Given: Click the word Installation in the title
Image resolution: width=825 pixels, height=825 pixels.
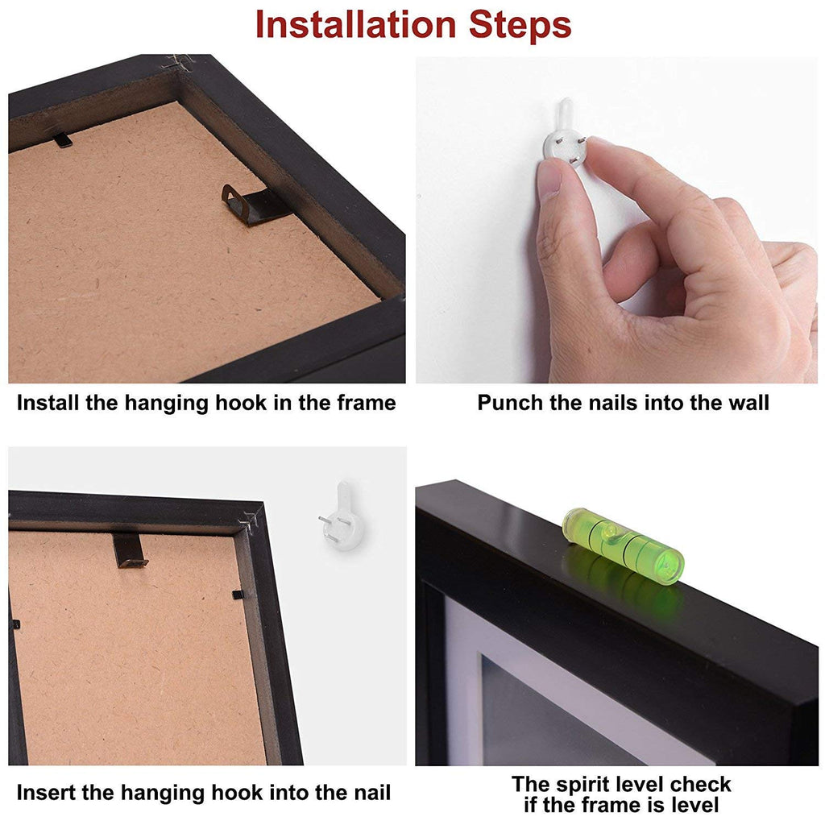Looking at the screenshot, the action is click(355, 25).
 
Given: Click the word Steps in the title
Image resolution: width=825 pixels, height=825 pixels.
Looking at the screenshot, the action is click(520, 25).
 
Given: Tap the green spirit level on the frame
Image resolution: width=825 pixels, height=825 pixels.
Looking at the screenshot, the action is click(623, 545).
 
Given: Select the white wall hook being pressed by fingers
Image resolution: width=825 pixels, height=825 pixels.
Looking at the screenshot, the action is click(566, 135).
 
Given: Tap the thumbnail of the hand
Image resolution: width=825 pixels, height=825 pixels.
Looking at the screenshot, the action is click(549, 179).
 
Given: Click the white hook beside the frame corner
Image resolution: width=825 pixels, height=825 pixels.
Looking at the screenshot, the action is click(342, 518).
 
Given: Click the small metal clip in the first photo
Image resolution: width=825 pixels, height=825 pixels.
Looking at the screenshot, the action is click(63, 140).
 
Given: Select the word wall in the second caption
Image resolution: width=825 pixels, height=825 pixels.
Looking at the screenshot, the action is click(748, 403).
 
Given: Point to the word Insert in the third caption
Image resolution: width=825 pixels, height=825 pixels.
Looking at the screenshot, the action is click(45, 793).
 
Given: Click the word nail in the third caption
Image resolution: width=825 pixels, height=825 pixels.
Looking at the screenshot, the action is click(370, 793).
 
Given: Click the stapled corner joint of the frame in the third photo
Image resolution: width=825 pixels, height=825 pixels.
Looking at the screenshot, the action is click(251, 521).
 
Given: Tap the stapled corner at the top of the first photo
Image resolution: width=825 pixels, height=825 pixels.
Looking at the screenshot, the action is click(179, 63).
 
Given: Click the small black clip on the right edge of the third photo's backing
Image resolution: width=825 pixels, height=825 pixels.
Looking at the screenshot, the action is click(238, 595).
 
